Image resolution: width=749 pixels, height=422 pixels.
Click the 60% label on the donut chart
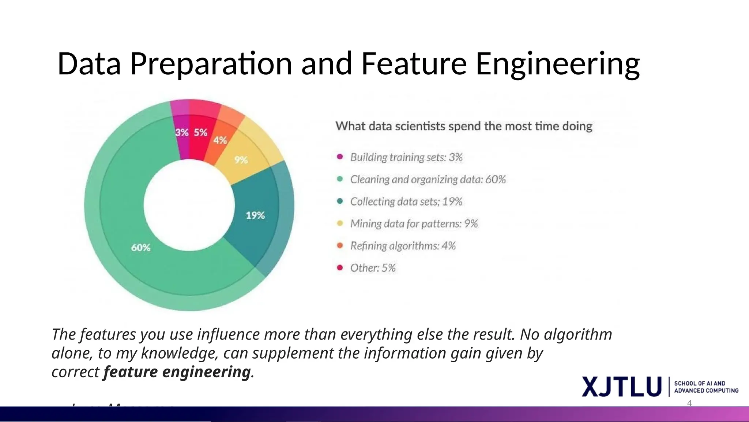pos(141,248)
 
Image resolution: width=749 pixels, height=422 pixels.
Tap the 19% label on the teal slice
pos(255,215)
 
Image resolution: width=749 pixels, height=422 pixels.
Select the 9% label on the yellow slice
pos(241,160)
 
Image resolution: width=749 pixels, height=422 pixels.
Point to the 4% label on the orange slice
pos(220,140)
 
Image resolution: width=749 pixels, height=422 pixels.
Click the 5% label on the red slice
pos(200,132)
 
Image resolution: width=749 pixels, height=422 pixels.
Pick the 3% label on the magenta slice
pos(181,132)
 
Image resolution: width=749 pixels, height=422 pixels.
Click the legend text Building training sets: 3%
pos(406,157)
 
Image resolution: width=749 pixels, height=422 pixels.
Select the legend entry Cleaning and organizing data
pos(428,179)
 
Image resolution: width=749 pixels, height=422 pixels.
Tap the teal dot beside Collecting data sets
pos(340,201)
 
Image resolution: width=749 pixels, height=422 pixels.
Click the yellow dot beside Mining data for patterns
pos(340,223)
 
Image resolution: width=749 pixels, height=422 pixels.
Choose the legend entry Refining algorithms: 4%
pos(403,246)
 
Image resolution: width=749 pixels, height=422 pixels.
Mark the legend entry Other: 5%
pos(373,268)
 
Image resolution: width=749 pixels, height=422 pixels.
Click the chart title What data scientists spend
pos(464,126)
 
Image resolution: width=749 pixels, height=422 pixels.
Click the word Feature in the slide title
pos(414,64)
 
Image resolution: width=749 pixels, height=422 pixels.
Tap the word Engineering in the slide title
pos(557,64)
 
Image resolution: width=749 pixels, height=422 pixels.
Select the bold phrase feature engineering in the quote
pos(177,372)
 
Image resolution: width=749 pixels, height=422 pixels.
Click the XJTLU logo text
pos(621,386)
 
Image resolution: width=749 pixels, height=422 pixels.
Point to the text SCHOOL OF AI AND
pos(699,383)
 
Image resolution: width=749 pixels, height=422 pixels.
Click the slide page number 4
pos(689,403)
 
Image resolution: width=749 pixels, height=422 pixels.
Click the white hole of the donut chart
pos(189,205)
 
